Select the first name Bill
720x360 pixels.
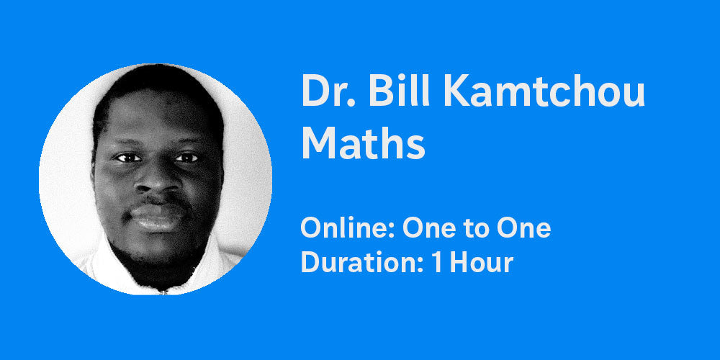399,90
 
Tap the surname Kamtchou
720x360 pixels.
544,91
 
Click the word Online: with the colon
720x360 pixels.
348,228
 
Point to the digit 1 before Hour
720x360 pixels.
438,263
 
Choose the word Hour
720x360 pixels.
481,263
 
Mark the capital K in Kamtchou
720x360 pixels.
457,91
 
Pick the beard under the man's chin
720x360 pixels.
156,266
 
